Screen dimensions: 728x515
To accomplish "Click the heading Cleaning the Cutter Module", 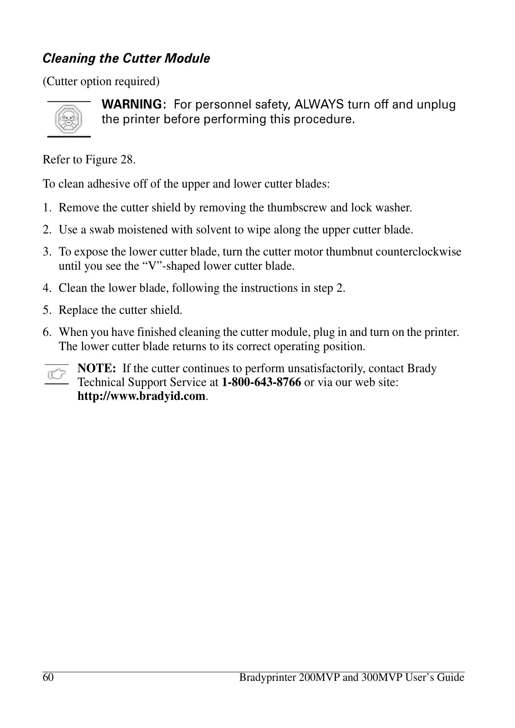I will tap(126, 58).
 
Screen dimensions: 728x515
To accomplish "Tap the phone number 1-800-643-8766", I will tap(261, 382).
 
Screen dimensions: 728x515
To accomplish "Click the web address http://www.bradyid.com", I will tap(141, 396).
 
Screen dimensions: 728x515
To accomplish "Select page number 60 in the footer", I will tap(48, 677).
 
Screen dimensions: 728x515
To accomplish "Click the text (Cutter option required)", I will tap(101, 81).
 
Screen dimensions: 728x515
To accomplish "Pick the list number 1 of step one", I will tap(46, 208).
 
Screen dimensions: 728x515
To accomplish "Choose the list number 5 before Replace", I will tap(46, 310).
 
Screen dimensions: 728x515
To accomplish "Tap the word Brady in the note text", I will tap(422, 368).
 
